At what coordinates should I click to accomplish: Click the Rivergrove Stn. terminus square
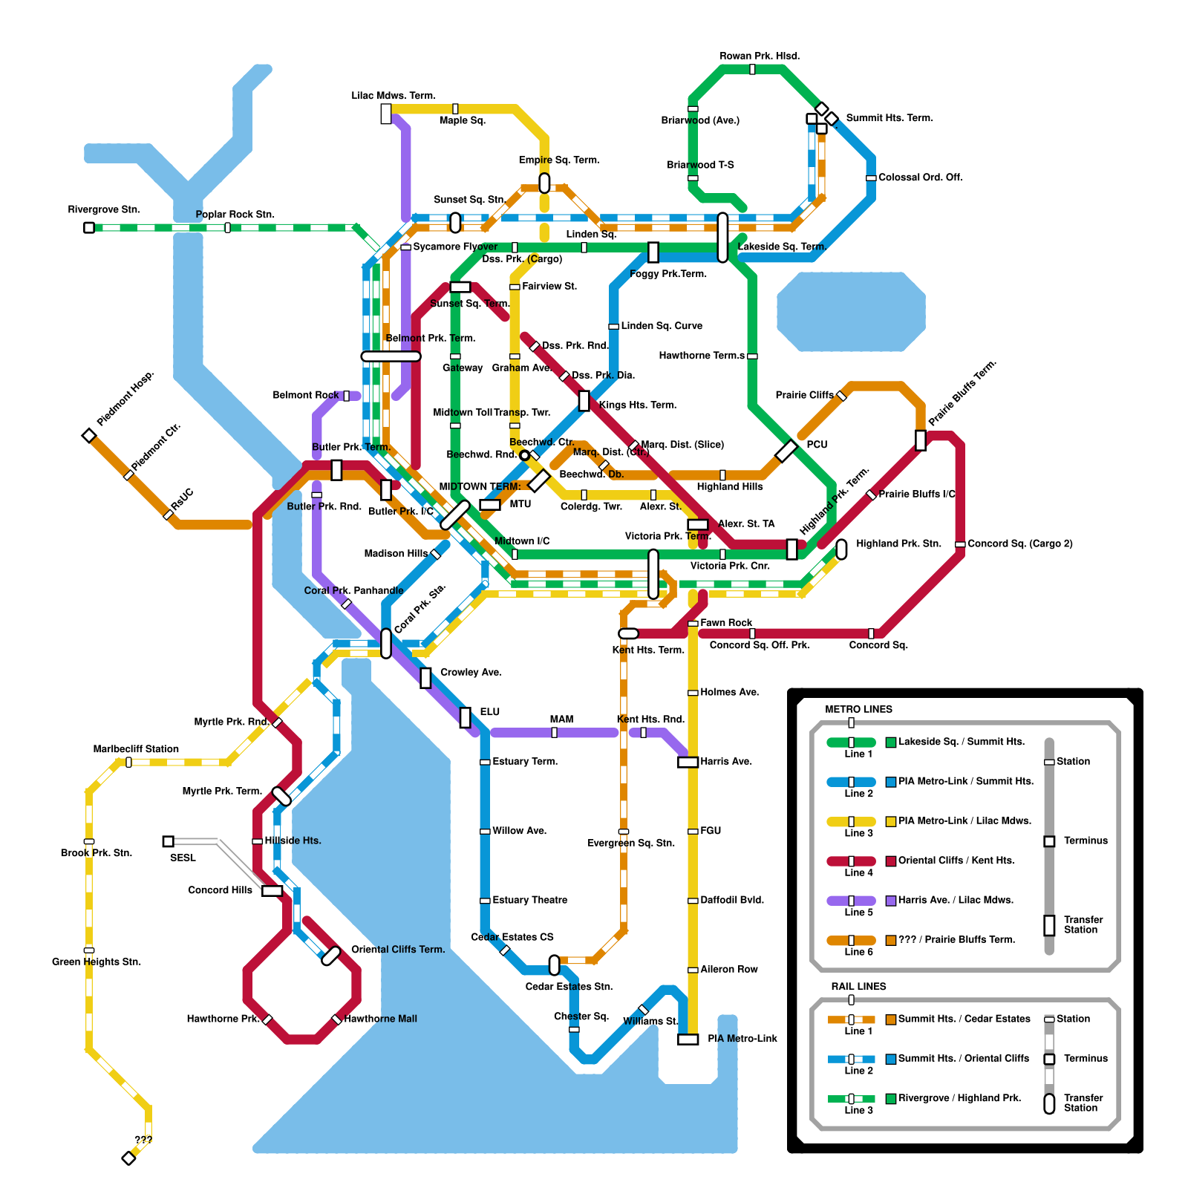pyautogui.click(x=89, y=227)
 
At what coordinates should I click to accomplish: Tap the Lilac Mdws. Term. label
pyautogui.click(x=394, y=96)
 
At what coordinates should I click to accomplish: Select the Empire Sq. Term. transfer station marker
pyautogui.click(x=544, y=183)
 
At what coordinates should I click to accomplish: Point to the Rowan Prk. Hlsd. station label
pyautogui.click(x=760, y=56)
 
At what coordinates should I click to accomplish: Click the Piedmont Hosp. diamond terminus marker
pyautogui.click(x=89, y=435)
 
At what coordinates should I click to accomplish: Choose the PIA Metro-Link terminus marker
pyautogui.click(x=688, y=1039)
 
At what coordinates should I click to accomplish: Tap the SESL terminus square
pyautogui.click(x=169, y=841)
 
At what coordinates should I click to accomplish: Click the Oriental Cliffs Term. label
pyautogui.click(x=398, y=950)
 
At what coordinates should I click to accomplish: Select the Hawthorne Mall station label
pyautogui.click(x=380, y=1019)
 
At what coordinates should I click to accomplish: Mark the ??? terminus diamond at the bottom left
pyautogui.click(x=128, y=1158)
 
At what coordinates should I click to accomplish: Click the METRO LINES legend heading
pyautogui.click(x=858, y=709)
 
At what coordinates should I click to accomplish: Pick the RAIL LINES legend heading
pyautogui.click(x=858, y=987)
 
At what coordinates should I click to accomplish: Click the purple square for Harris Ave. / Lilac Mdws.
pyautogui.click(x=891, y=901)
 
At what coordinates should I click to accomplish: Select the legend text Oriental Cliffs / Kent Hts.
pyautogui.click(x=956, y=861)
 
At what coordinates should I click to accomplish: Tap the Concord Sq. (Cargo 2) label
pyautogui.click(x=1019, y=544)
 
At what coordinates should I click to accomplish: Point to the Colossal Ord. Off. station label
pyautogui.click(x=920, y=177)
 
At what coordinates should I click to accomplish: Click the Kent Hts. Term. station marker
pyautogui.click(x=628, y=633)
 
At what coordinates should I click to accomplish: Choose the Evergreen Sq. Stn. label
pyautogui.click(x=631, y=843)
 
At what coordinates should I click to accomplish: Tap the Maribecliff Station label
pyautogui.click(x=136, y=749)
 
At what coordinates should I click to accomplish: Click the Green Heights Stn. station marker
pyautogui.click(x=89, y=950)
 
